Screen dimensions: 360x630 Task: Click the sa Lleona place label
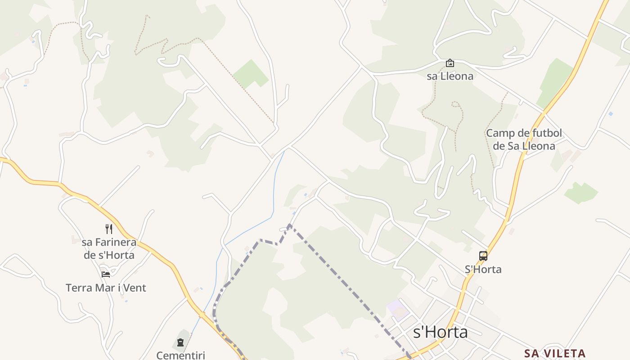[450, 76]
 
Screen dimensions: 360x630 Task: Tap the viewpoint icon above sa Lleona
[450, 63]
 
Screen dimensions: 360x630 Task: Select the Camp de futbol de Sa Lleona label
[524, 139]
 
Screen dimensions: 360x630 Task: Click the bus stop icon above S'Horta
[483, 256]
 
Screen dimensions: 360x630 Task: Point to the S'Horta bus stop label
[483, 269]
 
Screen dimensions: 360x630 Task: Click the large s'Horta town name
[441, 333]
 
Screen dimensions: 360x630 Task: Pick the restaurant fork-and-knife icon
[108, 229]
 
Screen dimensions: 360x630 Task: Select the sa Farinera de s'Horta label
[109, 248]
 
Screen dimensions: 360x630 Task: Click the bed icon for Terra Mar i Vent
[106, 274]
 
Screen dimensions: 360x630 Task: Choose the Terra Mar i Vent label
[106, 288]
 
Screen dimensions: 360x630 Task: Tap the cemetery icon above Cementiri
[180, 342]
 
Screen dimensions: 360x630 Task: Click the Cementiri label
[180, 355]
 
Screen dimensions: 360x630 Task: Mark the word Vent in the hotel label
[135, 288]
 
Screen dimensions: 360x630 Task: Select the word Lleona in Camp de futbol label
[538, 146]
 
